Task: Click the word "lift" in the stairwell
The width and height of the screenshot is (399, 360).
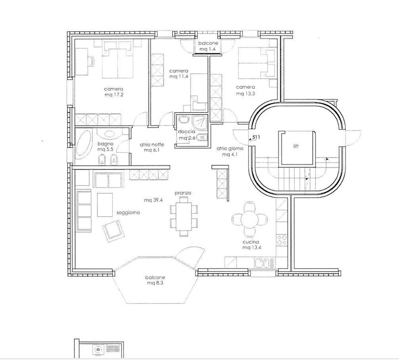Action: coord(296,146)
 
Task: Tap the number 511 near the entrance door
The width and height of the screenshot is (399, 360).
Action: coord(256,138)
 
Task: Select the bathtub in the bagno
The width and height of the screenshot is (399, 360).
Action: coord(84,144)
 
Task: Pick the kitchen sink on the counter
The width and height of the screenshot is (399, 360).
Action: coord(263,263)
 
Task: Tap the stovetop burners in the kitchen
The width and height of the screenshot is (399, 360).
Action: coord(282,240)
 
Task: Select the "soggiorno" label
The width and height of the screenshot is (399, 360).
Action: coord(128,213)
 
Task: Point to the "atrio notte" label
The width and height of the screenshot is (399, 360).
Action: coord(152,145)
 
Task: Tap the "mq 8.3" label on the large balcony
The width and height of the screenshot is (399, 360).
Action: coord(155,283)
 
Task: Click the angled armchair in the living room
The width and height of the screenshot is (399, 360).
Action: coord(113,231)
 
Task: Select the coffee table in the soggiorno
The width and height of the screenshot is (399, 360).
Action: coord(105,205)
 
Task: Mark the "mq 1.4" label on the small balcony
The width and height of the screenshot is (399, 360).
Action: coord(207,49)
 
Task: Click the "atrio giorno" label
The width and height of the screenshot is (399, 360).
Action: coord(230,148)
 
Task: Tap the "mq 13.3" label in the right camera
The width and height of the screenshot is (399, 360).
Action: coord(245,93)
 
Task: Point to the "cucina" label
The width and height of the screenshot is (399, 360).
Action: coord(251,242)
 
